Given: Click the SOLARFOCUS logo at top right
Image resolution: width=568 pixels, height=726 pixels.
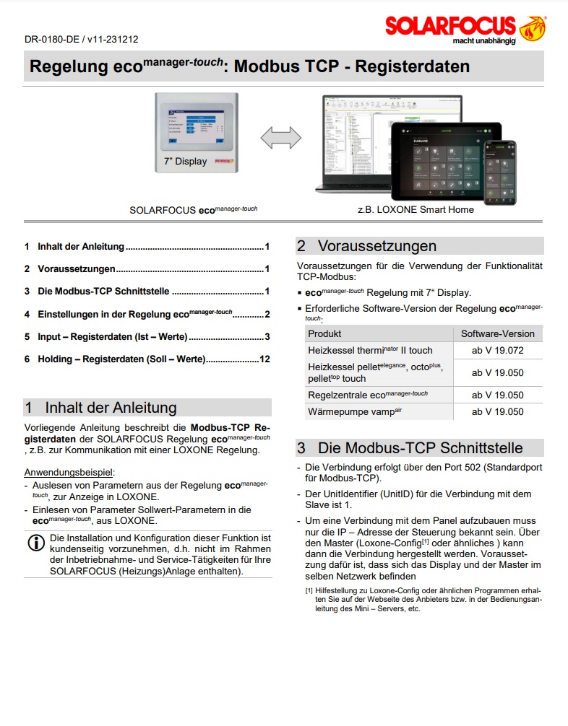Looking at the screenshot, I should pos(465,27).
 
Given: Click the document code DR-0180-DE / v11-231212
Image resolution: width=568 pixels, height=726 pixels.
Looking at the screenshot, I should pos(81,40).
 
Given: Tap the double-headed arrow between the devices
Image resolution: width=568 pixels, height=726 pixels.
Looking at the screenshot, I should pos(280,137).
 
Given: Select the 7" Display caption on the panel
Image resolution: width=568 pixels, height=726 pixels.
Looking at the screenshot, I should pos(181,162).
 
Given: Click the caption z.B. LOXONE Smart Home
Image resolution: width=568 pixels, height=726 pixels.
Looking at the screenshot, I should pos(416,210).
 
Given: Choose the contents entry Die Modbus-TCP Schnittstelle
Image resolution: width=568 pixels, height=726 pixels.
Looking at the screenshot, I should pos(103,292).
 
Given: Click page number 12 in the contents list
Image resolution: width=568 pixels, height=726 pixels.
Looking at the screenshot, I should pos(264,359).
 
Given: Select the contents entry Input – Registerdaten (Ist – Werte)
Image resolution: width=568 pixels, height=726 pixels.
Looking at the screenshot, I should pos(112,336).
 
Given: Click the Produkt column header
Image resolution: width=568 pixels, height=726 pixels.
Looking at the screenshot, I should pos(324,334).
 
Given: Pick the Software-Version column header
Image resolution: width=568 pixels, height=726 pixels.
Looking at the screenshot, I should pos(498,334).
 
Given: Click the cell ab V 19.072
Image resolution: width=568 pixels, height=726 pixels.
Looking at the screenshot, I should pos(498,351).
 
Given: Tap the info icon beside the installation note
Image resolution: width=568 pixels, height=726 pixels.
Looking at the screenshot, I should pos(35,543).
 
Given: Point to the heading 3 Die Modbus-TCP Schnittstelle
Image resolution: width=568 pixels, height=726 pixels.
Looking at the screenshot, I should pos(410,447).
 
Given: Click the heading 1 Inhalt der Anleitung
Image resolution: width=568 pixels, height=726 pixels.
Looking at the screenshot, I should pos(100,408).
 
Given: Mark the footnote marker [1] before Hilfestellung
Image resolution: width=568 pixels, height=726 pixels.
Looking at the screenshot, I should pos(309,590).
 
